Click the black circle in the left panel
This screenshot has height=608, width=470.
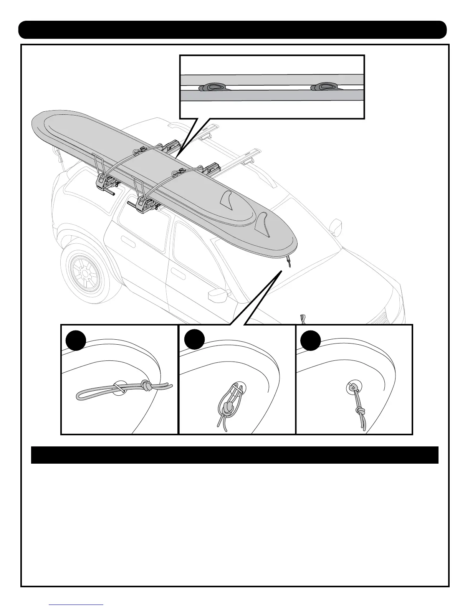coord(75,340)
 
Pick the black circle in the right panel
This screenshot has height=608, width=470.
coord(311,340)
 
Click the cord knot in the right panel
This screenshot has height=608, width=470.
coord(361,412)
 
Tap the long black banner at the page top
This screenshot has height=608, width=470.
coord(232,30)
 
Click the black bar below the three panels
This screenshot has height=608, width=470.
coord(235,455)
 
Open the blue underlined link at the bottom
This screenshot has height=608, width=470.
coord(77,604)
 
